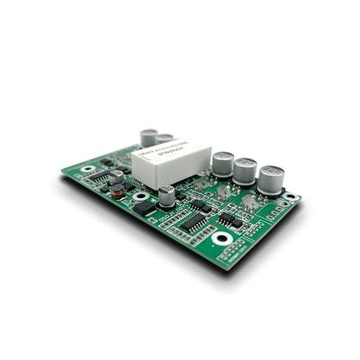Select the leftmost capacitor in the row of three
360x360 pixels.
pos(222,164)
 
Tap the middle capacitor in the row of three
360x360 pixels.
pos(246,170)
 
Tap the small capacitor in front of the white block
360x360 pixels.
pos(167,195)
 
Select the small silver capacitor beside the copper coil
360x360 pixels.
pos(115,176)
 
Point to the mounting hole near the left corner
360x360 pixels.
pos(87,168)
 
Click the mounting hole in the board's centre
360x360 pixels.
pos(141,196)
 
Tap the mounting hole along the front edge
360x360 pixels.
pos(222,238)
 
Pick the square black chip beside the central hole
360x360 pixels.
pos(144,208)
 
